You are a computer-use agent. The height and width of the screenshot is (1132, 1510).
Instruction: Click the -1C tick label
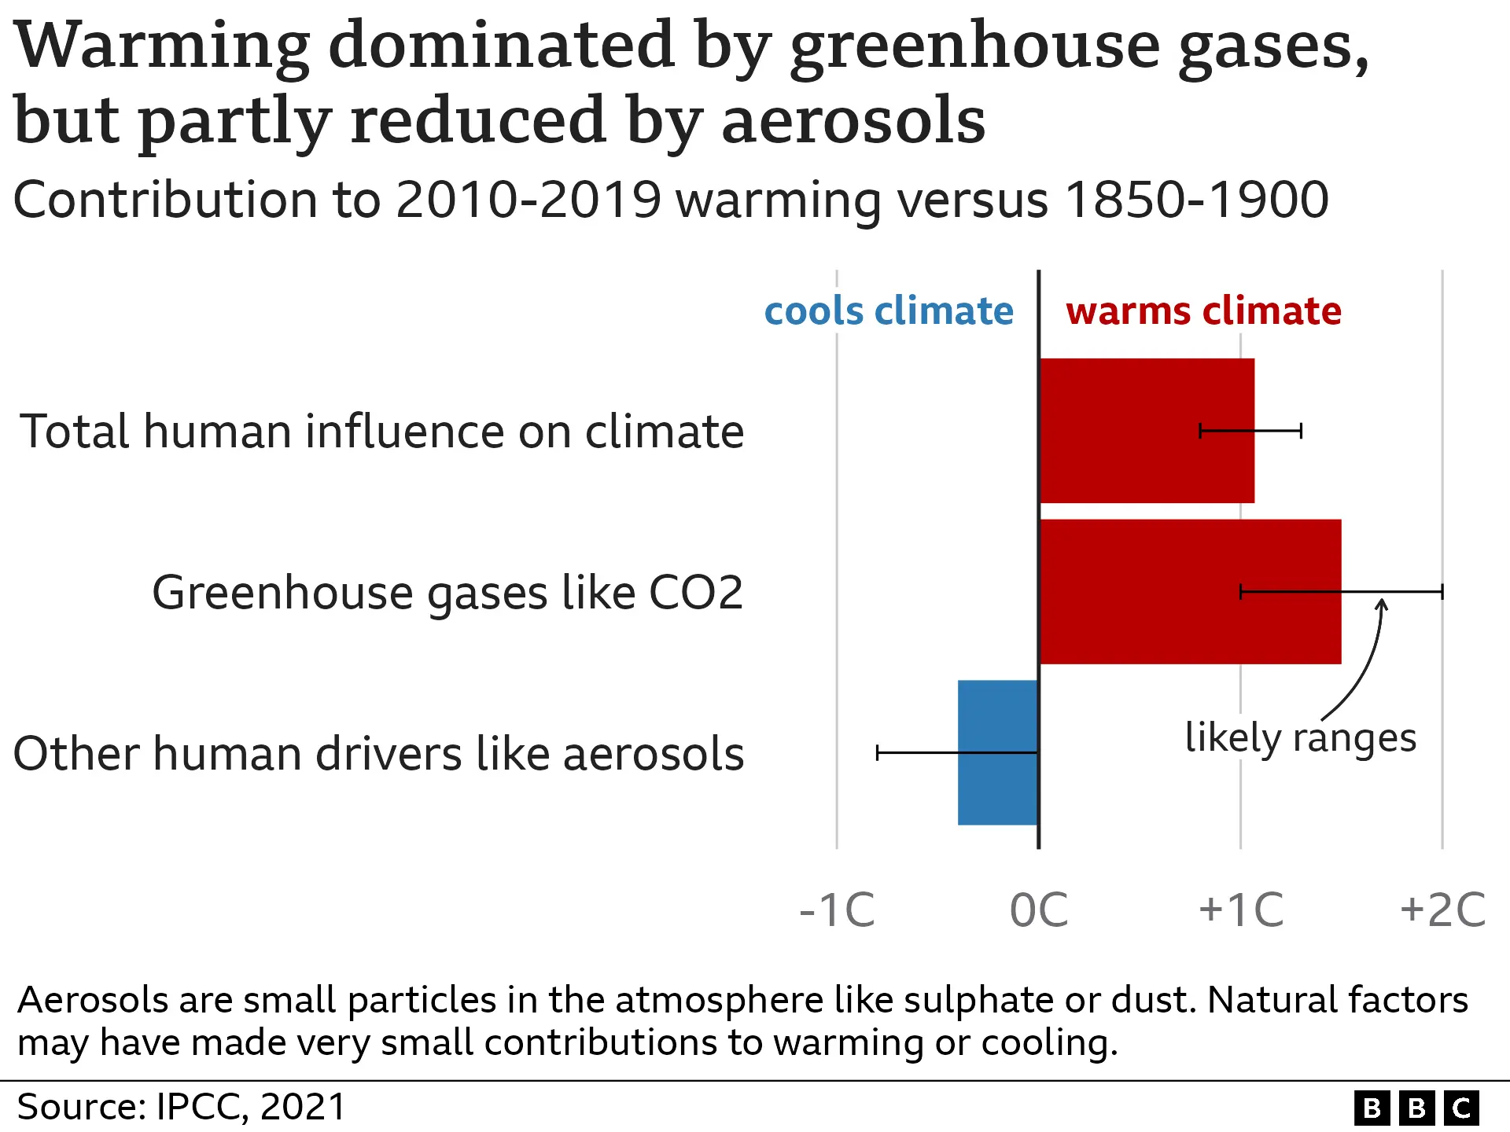click(837, 910)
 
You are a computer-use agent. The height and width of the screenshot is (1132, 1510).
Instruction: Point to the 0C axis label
click(1038, 910)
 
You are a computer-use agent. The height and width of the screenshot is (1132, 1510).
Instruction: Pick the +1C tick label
click(1240, 910)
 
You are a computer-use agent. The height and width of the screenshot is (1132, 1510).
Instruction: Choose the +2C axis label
click(1442, 910)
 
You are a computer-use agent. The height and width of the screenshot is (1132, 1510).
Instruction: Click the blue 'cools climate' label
click(889, 311)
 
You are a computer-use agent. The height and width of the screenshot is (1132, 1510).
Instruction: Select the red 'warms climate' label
click(1203, 311)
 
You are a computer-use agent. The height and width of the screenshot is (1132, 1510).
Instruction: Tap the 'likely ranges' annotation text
click(1300, 737)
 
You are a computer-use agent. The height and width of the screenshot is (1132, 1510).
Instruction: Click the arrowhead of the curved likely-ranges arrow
click(1382, 604)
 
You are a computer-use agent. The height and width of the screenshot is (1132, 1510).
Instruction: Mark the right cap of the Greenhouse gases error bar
click(1442, 591)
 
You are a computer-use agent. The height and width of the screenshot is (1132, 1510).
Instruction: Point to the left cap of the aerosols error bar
click(878, 752)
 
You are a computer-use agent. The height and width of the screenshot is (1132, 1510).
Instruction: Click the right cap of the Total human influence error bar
click(1301, 431)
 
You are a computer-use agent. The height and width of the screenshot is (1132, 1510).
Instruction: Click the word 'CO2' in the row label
click(695, 593)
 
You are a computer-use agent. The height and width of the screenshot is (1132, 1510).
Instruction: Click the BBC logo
click(1416, 1108)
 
